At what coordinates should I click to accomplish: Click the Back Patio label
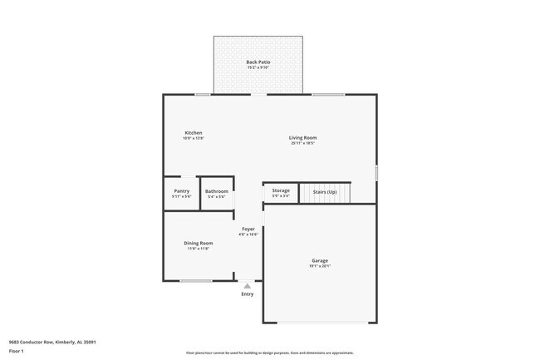pyautogui.click(x=258, y=62)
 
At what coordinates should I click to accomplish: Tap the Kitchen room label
pyautogui.click(x=193, y=133)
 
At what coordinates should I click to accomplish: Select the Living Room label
pyautogui.click(x=302, y=138)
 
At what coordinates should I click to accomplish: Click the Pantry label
pyautogui.click(x=181, y=191)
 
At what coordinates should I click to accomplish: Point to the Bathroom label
pyautogui.click(x=216, y=191)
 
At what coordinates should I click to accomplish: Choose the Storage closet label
pyautogui.click(x=281, y=190)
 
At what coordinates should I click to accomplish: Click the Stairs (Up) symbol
pyautogui.click(x=325, y=193)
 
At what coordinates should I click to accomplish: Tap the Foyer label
pyautogui.click(x=248, y=229)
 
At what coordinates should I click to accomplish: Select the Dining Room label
pyautogui.click(x=198, y=243)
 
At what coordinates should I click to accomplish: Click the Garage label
pyautogui.click(x=320, y=261)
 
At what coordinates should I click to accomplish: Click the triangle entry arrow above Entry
pyautogui.click(x=247, y=286)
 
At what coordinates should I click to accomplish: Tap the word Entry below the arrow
pyautogui.click(x=247, y=294)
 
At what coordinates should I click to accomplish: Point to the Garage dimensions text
pyautogui.click(x=320, y=266)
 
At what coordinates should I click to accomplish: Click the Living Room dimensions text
pyautogui.click(x=302, y=143)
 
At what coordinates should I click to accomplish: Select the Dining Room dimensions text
pyautogui.click(x=198, y=248)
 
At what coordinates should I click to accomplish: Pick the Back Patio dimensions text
pyautogui.click(x=258, y=67)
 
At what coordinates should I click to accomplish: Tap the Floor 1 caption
pyautogui.click(x=16, y=351)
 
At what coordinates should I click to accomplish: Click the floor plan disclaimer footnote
pyautogui.click(x=270, y=353)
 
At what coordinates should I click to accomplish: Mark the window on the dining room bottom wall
pyautogui.click(x=196, y=281)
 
